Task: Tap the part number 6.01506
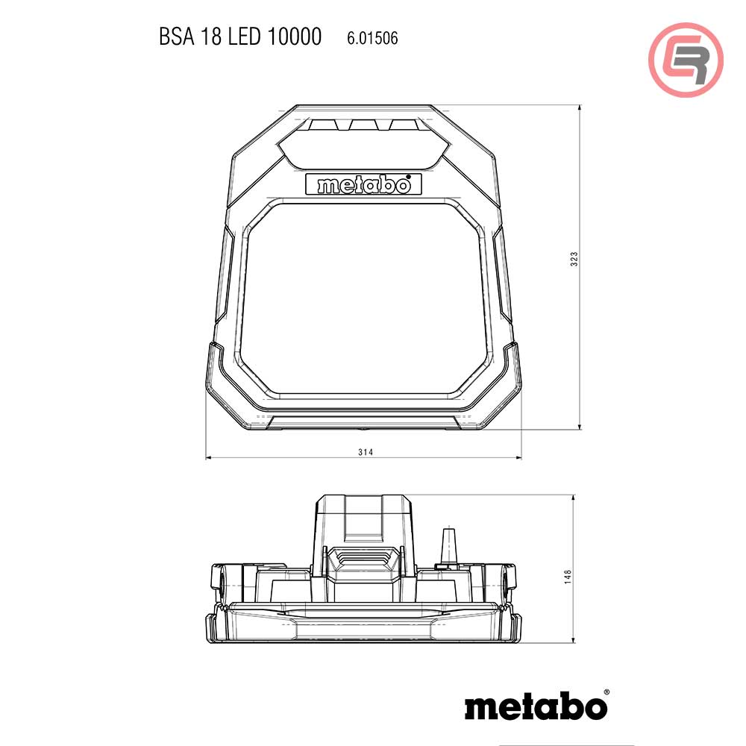372,38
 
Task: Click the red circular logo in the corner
686,60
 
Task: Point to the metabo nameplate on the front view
363,184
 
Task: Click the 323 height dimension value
574,259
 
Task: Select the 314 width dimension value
364,452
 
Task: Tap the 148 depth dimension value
568,576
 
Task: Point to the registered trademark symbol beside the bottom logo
606,693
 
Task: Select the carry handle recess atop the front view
363,140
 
